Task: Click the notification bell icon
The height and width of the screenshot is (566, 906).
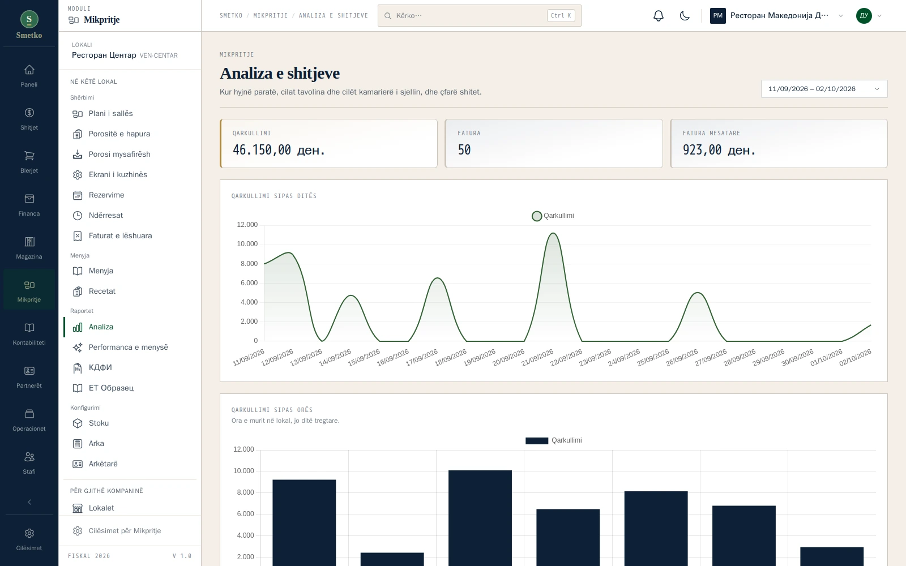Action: pos(659,16)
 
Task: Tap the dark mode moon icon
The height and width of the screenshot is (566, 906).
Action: pos(685,16)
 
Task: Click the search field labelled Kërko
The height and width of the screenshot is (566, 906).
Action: pos(479,16)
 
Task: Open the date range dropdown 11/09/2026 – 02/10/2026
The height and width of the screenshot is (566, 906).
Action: pos(824,89)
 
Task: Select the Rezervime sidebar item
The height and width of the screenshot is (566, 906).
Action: pos(106,195)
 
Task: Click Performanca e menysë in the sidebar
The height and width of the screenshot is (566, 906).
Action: pos(128,348)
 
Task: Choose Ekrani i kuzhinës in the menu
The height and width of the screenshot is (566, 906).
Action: pos(118,175)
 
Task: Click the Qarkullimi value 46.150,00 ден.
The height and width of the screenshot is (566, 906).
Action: pos(279,150)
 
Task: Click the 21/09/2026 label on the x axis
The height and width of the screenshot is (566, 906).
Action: pos(537,358)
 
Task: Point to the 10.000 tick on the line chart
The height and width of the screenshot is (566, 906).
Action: pos(247,244)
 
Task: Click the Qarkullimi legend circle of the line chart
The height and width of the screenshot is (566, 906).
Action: pos(537,216)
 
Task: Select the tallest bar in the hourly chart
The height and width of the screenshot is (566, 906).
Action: pos(480,518)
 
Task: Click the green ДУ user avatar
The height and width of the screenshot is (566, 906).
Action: pos(864,16)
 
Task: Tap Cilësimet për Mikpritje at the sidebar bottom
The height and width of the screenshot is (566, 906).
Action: pos(125,531)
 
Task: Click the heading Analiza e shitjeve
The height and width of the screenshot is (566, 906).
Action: pos(280,73)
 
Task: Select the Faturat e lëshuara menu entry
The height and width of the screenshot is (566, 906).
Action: pos(120,235)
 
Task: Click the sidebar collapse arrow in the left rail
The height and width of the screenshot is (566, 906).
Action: pos(29,502)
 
